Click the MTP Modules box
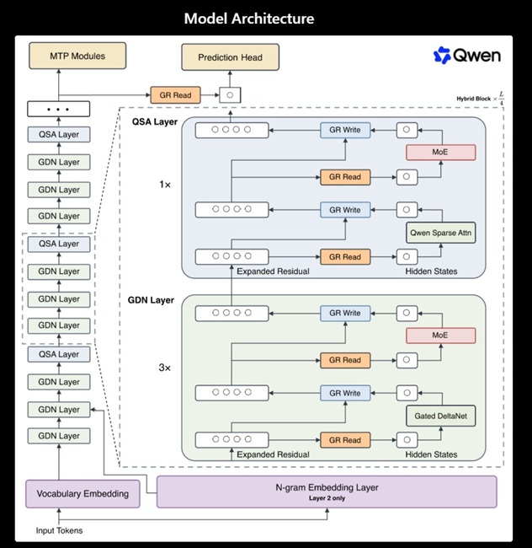pyautogui.click(x=77, y=56)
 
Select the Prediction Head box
pyautogui.click(x=231, y=57)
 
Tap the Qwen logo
pyautogui.click(x=467, y=55)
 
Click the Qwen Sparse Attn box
pyautogui.click(x=440, y=233)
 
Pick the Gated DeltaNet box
pyautogui.click(x=440, y=416)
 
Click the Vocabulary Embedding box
pyautogui.click(x=82, y=494)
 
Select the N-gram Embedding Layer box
pyautogui.click(x=327, y=492)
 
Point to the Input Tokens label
pyautogui.click(x=59, y=530)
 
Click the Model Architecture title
pyautogui.click(x=249, y=19)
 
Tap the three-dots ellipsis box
pyautogui.click(x=59, y=109)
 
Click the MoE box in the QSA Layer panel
pyautogui.click(x=440, y=153)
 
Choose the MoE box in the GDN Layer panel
pyautogui.click(x=440, y=336)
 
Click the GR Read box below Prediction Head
pyautogui.click(x=175, y=95)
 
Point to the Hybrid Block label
pyautogui.click(x=474, y=99)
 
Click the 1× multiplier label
pyautogui.click(x=165, y=184)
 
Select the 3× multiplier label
pyautogui.click(x=165, y=368)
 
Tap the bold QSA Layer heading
pyautogui.click(x=155, y=121)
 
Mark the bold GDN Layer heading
pyautogui.click(x=151, y=300)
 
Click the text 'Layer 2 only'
pyautogui.click(x=327, y=498)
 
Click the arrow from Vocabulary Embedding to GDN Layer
pyautogui.click(x=59, y=462)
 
